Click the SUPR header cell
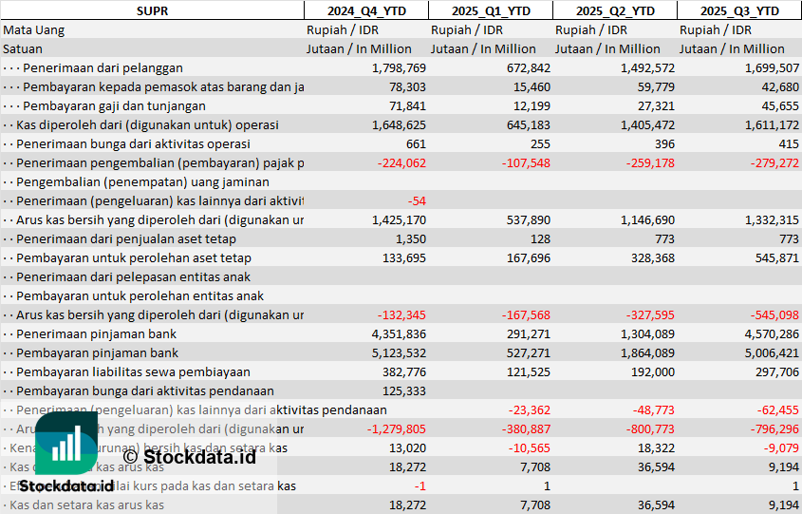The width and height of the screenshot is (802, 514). (x=152, y=10)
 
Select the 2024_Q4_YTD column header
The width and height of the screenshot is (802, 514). (x=364, y=10)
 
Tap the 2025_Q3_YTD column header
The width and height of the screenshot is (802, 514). (x=739, y=10)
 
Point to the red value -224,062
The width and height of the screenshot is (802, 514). (x=399, y=162)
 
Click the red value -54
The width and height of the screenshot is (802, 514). (x=416, y=200)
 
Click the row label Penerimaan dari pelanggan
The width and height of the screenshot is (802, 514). (x=103, y=67)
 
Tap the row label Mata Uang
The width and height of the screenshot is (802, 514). (x=33, y=29)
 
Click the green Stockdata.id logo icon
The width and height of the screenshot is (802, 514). (x=66, y=445)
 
